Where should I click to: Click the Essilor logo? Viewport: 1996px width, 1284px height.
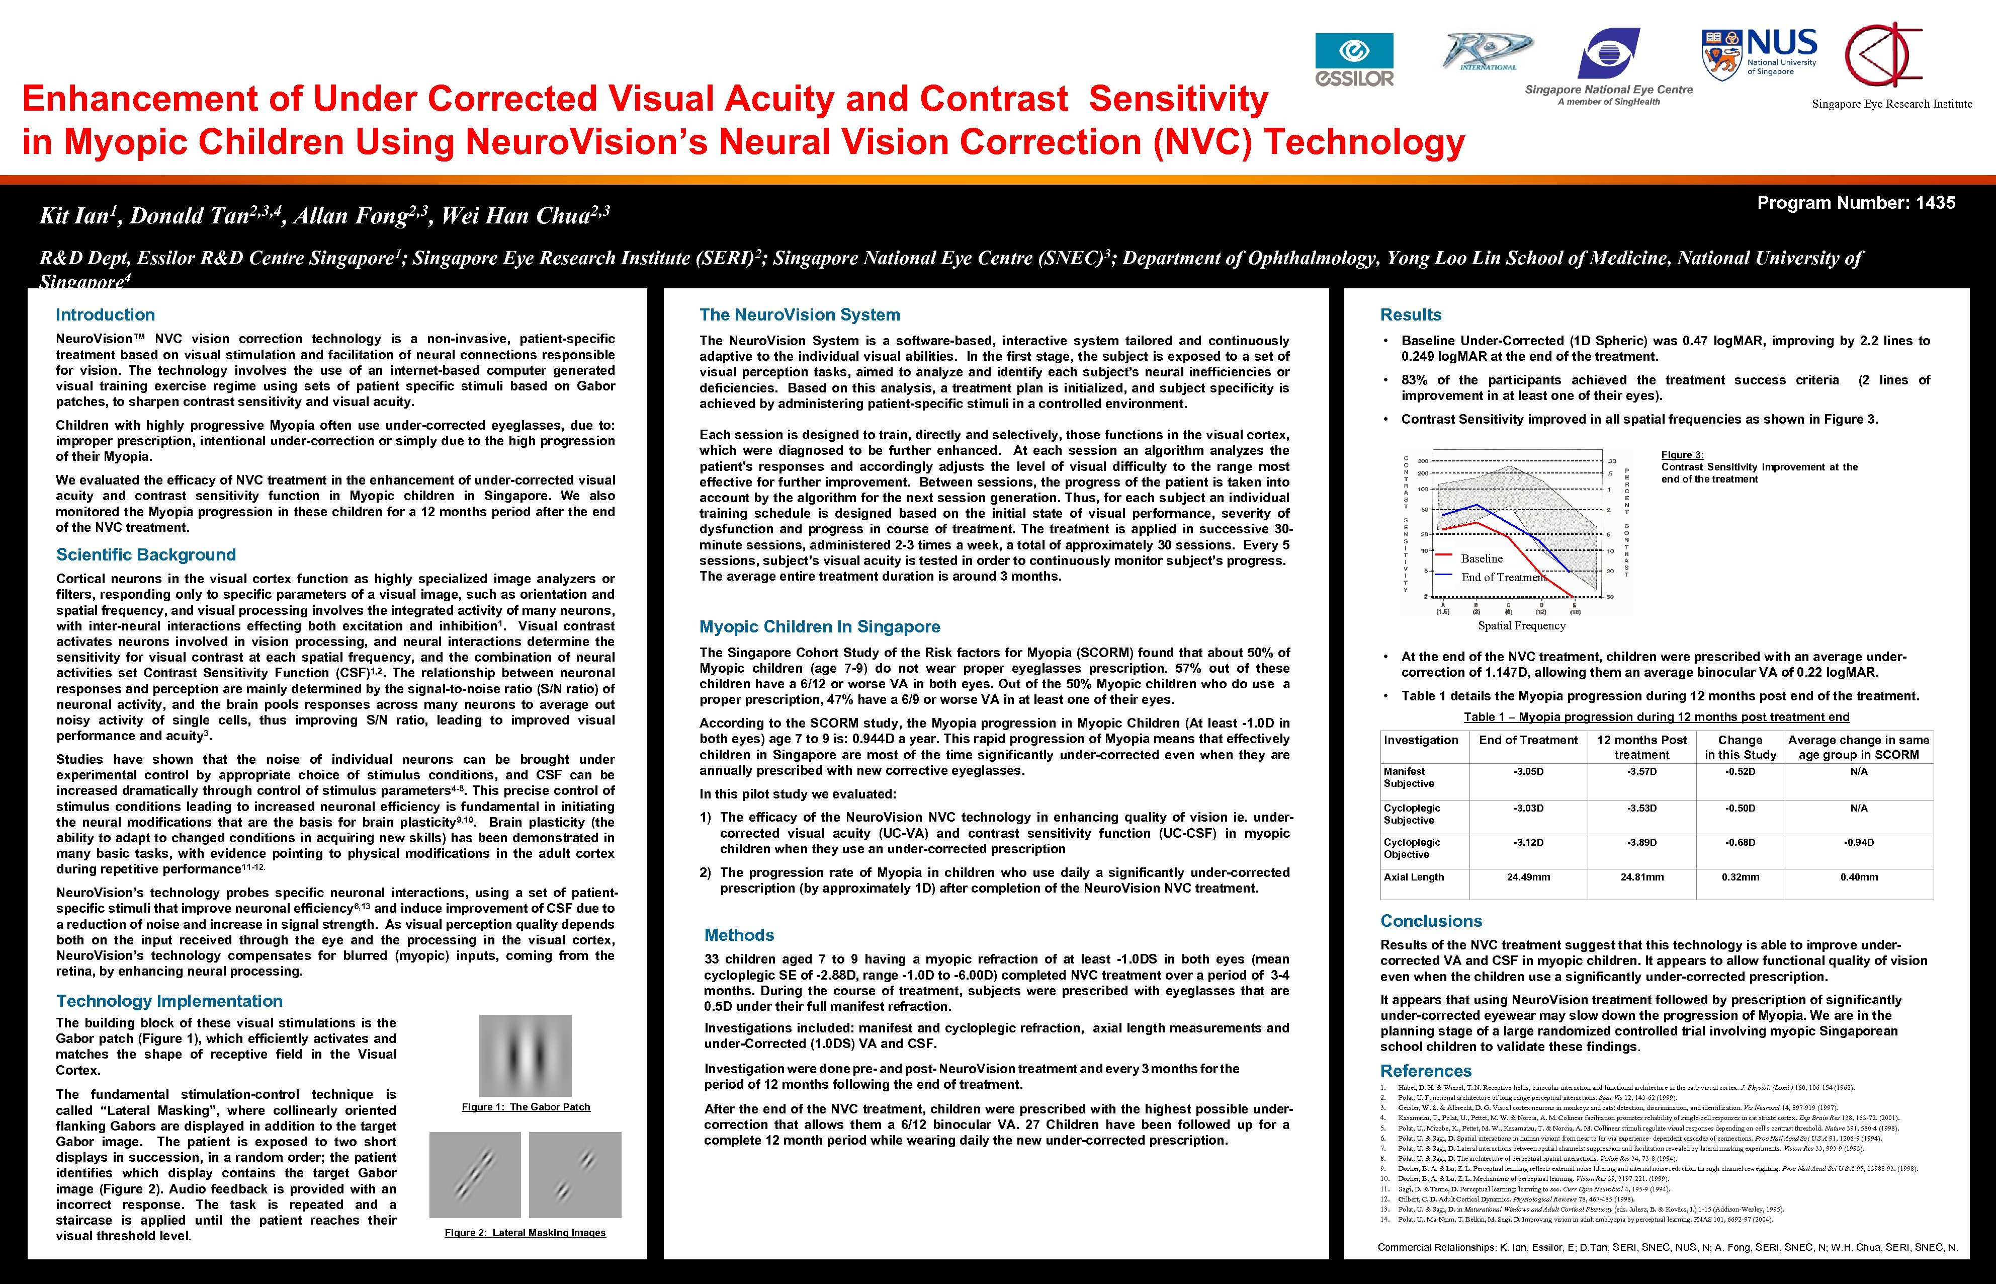pyautogui.click(x=1354, y=59)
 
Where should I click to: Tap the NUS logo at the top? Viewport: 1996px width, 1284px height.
pyautogui.click(x=1759, y=52)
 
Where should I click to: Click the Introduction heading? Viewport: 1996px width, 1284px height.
pyautogui.click(x=105, y=314)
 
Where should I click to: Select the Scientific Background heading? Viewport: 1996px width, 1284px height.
pyautogui.click(x=146, y=554)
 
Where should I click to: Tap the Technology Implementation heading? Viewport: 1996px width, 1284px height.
pyautogui.click(x=169, y=1001)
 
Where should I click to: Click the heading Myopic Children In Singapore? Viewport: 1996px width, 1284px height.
pyautogui.click(x=819, y=626)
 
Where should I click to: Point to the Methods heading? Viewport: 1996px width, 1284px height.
pyautogui.click(x=739, y=935)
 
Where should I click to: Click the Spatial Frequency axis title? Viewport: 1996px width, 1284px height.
pyautogui.click(x=1522, y=625)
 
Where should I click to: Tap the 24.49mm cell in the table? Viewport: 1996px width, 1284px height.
pyautogui.click(x=1528, y=877)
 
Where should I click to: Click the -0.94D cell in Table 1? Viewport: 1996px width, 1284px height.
pyautogui.click(x=1859, y=842)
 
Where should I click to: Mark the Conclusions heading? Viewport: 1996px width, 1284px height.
pyautogui.click(x=1431, y=920)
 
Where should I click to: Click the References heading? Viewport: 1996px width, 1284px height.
pyautogui.click(x=1426, y=1071)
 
